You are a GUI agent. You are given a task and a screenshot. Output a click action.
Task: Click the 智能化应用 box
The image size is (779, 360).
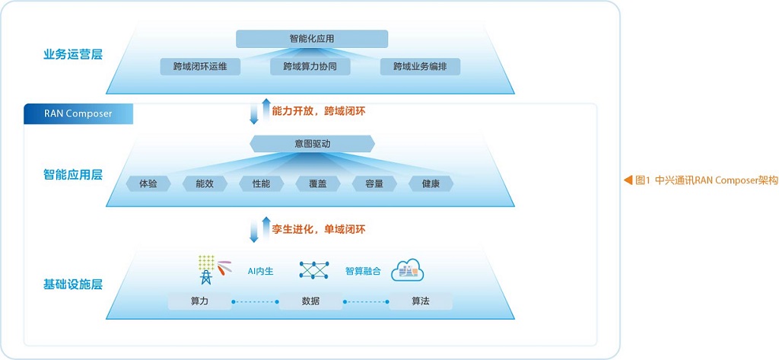[x=311, y=39]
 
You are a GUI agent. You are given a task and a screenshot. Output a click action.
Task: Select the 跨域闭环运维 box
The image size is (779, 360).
[x=200, y=67]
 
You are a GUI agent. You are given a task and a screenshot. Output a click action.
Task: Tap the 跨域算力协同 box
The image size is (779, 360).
[x=310, y=67]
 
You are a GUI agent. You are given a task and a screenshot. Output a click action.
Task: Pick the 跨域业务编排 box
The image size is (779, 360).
[x=420, y=67]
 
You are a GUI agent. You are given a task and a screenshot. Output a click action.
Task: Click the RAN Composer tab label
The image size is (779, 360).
[x=78, y=113]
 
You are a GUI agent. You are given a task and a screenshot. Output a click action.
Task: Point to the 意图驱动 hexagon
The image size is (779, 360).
[x=312, y=144]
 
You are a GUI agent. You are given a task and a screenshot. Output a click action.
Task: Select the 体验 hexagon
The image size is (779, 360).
[x=148, y=183]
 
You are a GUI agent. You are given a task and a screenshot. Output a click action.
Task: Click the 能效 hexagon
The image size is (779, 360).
[x=205, y=183]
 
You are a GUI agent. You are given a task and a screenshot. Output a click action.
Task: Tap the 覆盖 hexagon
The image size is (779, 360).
[x=317, y=183]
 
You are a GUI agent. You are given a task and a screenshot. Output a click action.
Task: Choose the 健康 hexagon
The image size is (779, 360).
[x=431, y=183]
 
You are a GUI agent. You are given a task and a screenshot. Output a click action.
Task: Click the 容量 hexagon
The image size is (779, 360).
[x=374, y=183]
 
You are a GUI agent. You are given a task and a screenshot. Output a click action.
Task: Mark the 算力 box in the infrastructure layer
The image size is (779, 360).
[x=200, y=301]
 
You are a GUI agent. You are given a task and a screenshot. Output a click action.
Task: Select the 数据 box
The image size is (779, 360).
[x=310, y=301]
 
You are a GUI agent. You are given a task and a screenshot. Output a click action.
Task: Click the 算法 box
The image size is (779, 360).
[x=420, y=301]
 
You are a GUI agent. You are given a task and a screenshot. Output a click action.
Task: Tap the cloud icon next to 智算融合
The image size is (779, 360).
[x=408, y=270]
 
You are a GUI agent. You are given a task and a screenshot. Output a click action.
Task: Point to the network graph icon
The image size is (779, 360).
[x=314, y=269]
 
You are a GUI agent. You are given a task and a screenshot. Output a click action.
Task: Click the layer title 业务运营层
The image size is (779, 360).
[x=73, y=54]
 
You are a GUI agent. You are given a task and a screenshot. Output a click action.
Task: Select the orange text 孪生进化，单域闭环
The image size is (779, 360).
[x=319, y=229]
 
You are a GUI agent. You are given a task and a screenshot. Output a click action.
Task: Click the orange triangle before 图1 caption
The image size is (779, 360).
[x=628, y=180]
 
